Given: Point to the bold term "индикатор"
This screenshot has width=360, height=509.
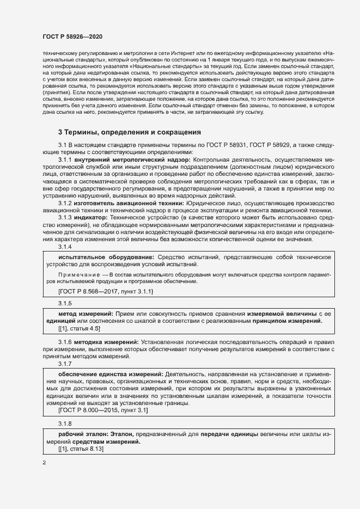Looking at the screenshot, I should coord(86,217).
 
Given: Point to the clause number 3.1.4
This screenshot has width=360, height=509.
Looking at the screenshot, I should coord(65,247).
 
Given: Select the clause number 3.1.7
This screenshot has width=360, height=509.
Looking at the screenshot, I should coord(65,365).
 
